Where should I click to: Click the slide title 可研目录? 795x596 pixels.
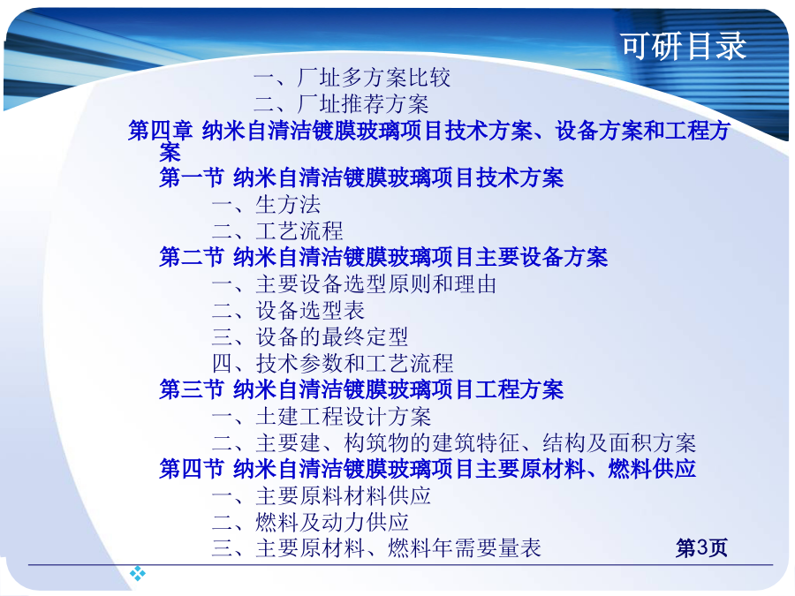click(x=684, y=46)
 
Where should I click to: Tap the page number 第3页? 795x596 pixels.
click(x=701, y=548)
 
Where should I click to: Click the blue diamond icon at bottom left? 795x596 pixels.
click(x=138, y=574)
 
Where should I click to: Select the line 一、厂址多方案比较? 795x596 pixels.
click(x=352, y=78)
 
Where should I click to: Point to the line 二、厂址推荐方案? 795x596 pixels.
click(x=341, y=104)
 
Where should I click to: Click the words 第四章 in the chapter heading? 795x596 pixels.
click(x=160, y=131)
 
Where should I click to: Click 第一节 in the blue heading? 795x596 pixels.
click(x=192, y=177)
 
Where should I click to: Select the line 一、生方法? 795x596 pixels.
click(x=266, y=205)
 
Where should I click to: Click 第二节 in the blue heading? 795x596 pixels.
click(x=192, y=257)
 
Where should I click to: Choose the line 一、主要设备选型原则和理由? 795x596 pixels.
click(x=354, y=283)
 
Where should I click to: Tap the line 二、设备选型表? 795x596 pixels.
click(x=289, y=310)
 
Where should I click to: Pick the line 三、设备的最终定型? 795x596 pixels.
click(x=310, y=336)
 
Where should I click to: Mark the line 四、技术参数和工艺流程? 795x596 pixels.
click(x=333, y=363)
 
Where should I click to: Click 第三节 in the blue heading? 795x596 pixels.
click(x=192, y=389)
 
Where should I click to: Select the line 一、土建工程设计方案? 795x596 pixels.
click(x=322, y=417)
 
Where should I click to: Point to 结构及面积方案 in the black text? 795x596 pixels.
click(x=619, y=443)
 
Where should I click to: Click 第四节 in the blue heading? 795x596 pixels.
click(x=192, y=468)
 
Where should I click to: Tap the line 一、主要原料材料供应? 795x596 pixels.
click(x=322, y=495)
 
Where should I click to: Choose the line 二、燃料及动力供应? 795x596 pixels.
click(x=310, y=522)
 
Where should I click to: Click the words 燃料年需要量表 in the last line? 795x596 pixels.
click(x=465, y=548)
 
